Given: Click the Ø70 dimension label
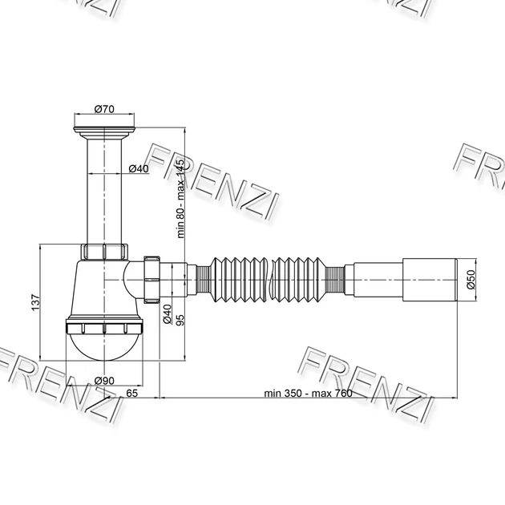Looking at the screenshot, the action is pos(104,109).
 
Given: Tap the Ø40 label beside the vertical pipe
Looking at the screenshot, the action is pos(139,168).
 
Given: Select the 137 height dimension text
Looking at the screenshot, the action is pos(35,302).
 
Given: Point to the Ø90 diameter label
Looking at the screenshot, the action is pos(104,381).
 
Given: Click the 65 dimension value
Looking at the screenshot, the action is pos(131,393).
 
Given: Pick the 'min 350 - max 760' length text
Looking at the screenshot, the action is pos(308,394).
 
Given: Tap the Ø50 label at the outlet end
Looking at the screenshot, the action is pos(471,280).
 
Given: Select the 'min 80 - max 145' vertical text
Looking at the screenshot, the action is pos(180,199).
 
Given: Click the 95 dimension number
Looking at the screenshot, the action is pos(180,320).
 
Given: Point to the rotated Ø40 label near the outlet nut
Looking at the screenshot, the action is pos(168,313).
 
